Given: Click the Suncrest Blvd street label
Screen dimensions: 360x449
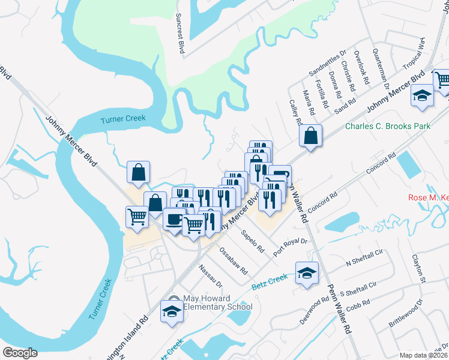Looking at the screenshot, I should click(179, 33).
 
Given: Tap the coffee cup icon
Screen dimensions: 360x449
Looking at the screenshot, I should click(174, 219).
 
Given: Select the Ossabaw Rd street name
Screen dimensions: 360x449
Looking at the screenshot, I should click(234, 260).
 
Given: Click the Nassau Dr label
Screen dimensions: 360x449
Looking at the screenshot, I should click(211, 275).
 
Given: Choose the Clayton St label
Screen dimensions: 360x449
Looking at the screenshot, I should click(418, 268).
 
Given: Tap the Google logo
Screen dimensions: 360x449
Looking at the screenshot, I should click(20, 353).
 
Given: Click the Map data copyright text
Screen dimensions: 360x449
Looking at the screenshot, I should click(423, 355).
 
